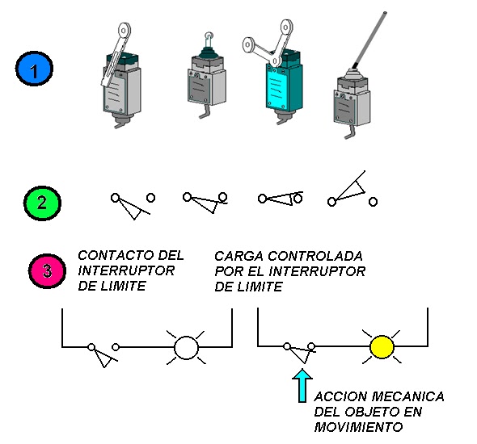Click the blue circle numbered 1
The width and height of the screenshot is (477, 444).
34,69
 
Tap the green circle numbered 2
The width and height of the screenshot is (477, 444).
42,203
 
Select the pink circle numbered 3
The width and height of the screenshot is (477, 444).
47,271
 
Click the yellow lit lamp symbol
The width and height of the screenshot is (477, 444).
382,346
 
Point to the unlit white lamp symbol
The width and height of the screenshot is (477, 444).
186,347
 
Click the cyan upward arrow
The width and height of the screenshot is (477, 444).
302,386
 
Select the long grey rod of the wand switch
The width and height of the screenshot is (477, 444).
369,40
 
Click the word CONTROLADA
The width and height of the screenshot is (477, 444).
314,256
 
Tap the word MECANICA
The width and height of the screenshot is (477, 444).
407,396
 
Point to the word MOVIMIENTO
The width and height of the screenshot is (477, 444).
358,427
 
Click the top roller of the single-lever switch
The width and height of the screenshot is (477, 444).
124,31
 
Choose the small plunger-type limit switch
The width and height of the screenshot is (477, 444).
206,75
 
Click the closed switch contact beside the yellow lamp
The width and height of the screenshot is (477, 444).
299,352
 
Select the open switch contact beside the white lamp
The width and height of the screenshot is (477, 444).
103,354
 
